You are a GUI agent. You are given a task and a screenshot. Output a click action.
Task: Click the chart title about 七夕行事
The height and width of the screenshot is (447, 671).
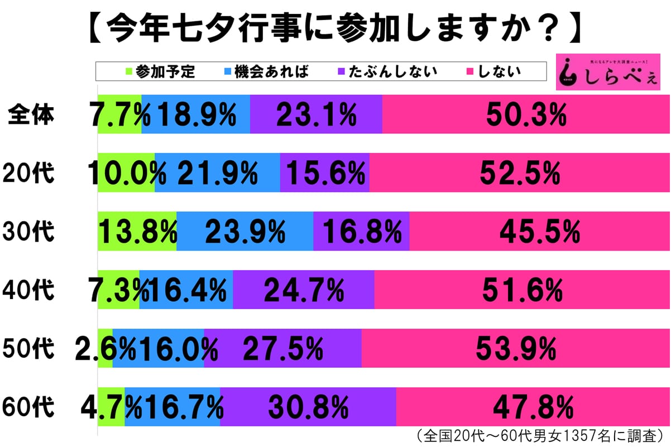click(335, 25)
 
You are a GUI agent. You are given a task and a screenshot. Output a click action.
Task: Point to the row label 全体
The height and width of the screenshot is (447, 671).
click(31, 114)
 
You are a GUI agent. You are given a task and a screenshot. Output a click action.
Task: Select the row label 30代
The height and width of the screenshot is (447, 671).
click(29, 231)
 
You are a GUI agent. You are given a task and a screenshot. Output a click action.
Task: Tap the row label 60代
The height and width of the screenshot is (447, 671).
click(29, 406)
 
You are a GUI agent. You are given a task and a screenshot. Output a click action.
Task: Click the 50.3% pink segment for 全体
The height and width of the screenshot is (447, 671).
click(525, 115)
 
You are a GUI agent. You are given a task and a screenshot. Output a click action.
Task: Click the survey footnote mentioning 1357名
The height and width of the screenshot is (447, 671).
click(539, 435)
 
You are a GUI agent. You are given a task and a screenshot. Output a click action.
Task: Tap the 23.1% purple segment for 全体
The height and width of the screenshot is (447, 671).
click(316, 115)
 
